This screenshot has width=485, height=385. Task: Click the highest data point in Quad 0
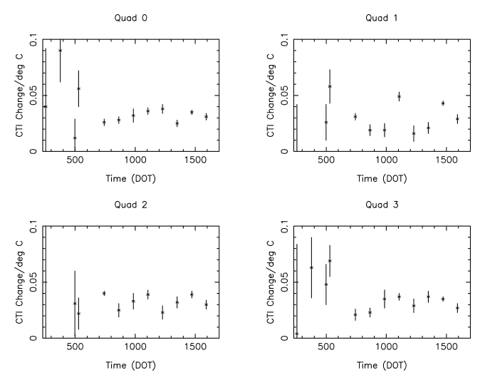coord(60,51)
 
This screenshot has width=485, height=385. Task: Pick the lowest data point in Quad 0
coord(75,138)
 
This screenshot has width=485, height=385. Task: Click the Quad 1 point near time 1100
coord(399,96)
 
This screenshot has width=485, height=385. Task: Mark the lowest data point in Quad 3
coord(296,334)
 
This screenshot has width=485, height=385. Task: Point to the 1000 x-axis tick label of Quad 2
coord(135,348)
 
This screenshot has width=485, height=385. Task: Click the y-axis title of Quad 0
coord(18,96)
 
